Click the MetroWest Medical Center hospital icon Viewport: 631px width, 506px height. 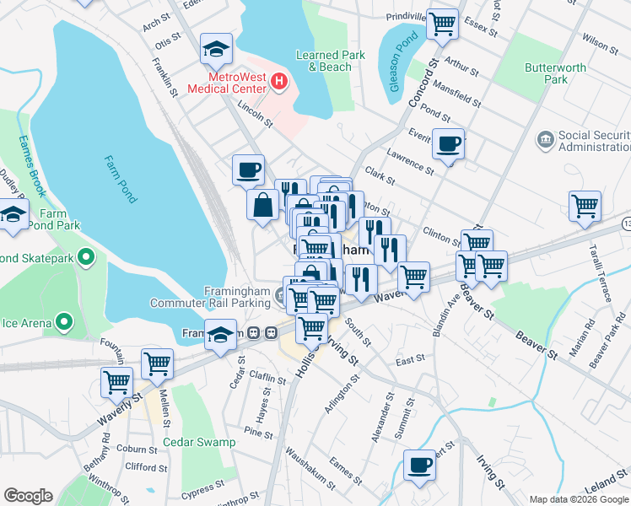pos(279,83)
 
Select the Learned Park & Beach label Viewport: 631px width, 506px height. pos(324,61)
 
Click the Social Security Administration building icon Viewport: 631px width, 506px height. pos(545,137)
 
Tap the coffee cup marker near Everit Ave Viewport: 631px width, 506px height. pos(449,143)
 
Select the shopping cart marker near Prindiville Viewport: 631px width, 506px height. pos(442,24)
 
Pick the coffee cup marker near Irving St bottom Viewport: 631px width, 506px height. pos(419,466)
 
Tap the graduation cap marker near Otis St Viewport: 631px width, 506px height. pos(217,50)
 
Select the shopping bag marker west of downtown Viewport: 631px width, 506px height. pos(263,203)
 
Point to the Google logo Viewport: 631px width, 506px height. pos(28,496)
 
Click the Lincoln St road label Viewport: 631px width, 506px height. pos(256,116)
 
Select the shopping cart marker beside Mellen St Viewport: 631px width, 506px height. pos(157,363)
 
